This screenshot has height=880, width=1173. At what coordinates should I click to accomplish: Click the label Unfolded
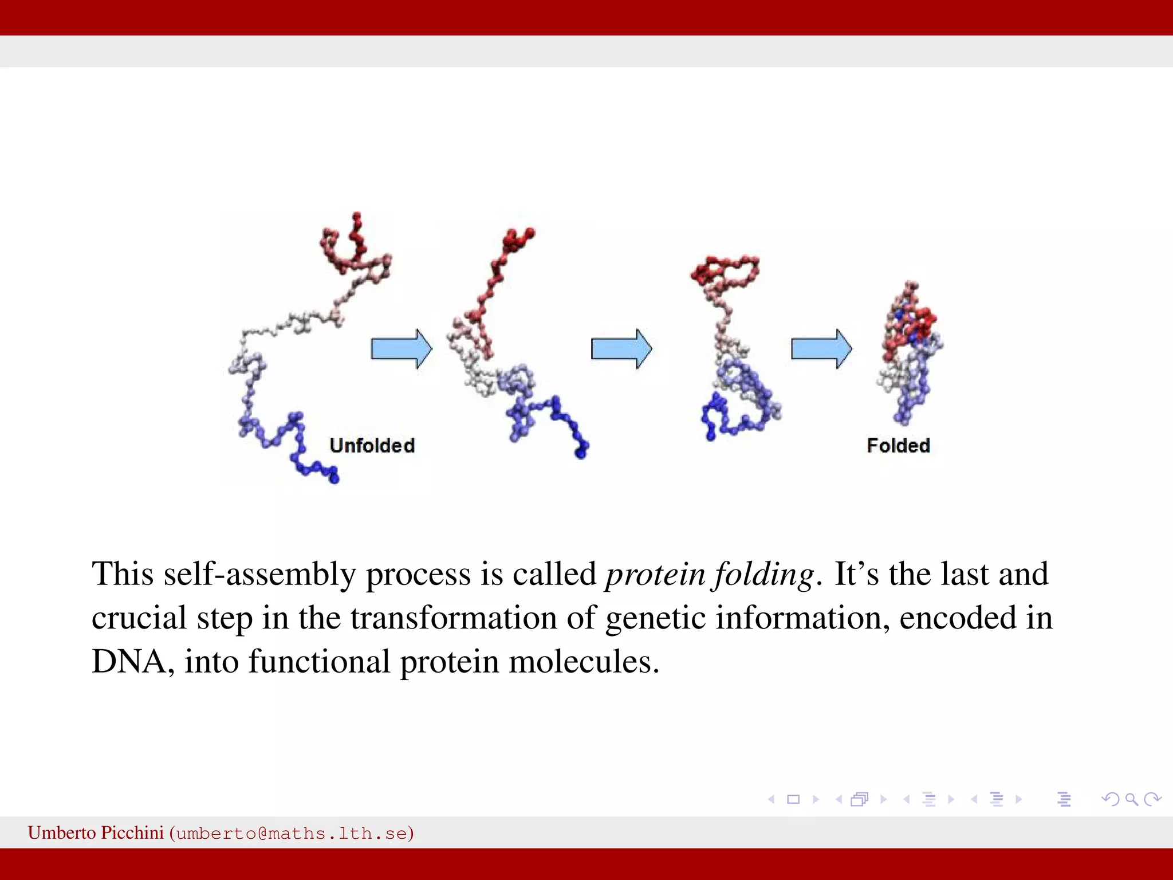pos(372,446)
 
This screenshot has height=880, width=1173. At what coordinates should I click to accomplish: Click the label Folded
pos(898,446)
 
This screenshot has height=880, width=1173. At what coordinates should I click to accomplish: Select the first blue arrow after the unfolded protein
pos(401,348)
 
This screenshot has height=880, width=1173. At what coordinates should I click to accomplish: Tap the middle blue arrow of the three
pos(621,348)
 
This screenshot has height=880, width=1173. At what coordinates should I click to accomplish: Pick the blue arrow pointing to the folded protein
pos(821,348)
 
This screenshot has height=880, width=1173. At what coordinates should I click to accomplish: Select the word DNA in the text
pos(129,662)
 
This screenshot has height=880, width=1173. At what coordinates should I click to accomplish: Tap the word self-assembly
pos(259,575)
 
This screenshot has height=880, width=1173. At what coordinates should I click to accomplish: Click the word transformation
pos(454,619)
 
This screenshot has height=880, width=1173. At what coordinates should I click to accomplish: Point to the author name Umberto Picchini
pos(96,832)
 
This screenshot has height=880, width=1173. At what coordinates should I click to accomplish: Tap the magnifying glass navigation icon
pos(1131,799)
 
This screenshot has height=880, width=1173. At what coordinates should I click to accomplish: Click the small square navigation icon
pos(793,799)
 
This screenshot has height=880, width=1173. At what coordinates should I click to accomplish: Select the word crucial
pos(139,619)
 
